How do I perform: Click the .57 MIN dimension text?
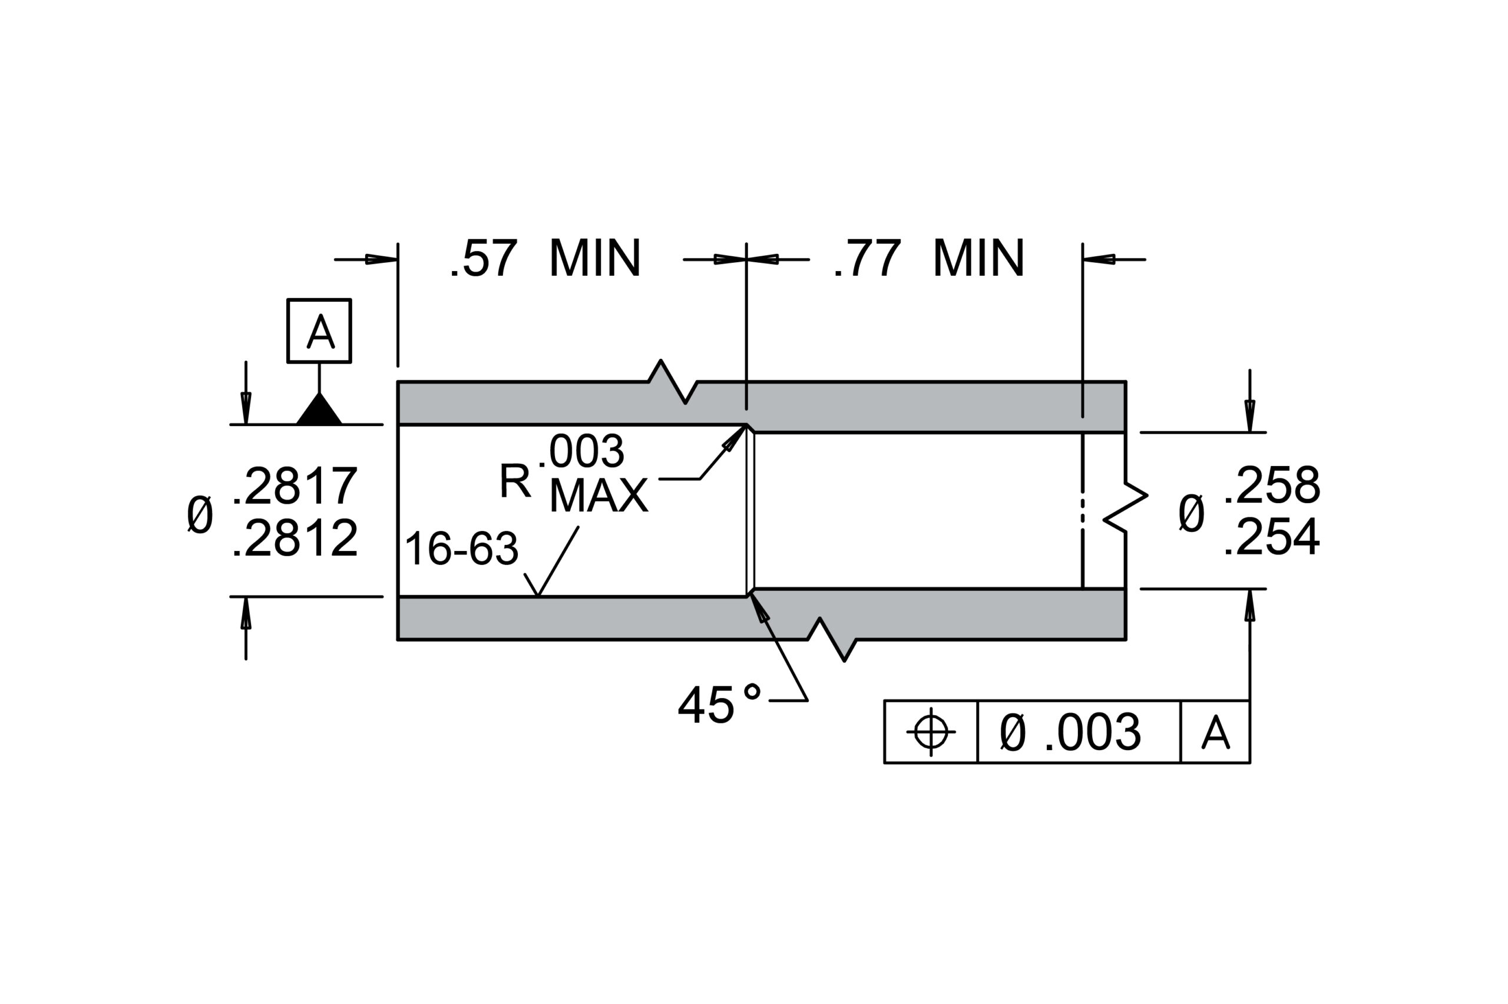click(545, 259)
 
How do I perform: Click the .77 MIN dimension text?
click(928, 259)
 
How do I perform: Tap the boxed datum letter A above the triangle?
click(320, 332)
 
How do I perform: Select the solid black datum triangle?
click(319, 408)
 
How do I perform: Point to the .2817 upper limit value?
click(295, 486)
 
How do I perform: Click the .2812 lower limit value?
click(295, 538)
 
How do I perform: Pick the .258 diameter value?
click(1272, 485)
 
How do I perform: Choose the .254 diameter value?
click(1272, 537)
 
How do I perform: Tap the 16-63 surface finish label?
click(461, 549)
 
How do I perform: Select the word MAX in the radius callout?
click(598, 496)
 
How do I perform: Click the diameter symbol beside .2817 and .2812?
click(200, 514)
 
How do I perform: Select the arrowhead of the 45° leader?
click(759, 607)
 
